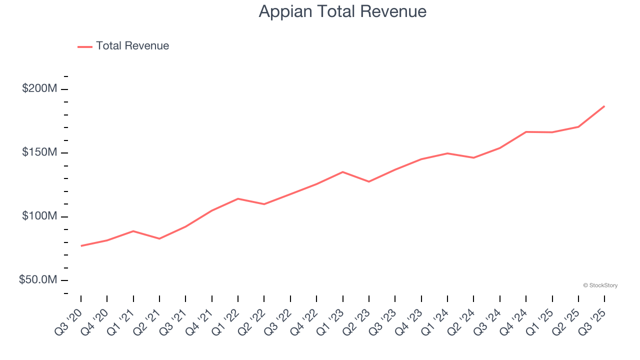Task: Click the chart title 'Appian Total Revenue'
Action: (x=342, y=11)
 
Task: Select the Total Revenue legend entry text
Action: (x=132, y=46)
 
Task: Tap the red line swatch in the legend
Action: (x=85, y=46)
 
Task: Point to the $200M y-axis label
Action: (x=39, y=89)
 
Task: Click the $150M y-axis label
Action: (x=39, y=152)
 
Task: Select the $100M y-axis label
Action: (x=39, y=216)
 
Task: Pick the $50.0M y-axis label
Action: (x=38, y=280)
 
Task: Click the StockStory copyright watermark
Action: (x=600, y=285)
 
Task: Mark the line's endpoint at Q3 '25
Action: (x=604, y=106)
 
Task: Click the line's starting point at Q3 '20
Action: (x=81, y=246)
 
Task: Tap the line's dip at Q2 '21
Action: (x=159, y=238)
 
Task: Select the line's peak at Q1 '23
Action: (x=342, y=172)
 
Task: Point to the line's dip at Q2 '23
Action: (x=369, y=181)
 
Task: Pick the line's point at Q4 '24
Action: (x=526, y=132)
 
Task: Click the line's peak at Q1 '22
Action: (x=238, y=198)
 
